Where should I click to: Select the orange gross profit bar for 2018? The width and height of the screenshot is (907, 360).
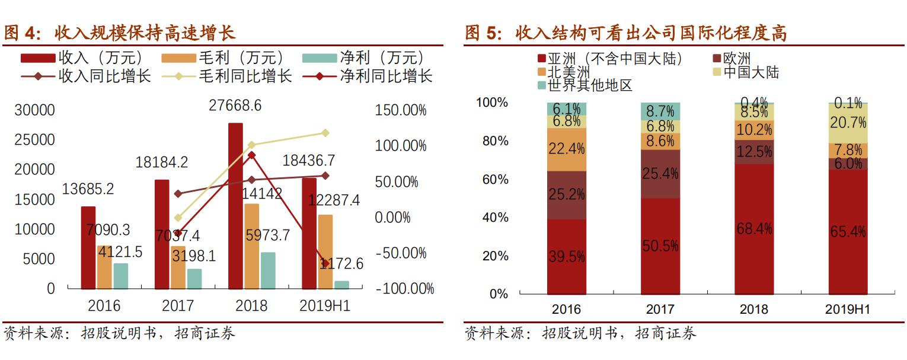tap(251, 246)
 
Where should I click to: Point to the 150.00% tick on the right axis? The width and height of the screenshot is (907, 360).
tap(401, 110)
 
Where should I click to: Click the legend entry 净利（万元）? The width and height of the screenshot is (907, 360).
tap(364, 58)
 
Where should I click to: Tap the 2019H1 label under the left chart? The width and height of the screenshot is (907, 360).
tap(325, 305)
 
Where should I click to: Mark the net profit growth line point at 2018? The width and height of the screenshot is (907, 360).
tap(251, 155)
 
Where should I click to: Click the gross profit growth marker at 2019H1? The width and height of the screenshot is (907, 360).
tap(325, 133)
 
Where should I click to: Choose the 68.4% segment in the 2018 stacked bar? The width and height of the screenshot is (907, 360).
tap(754, 229)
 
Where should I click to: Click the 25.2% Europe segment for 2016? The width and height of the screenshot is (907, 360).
tap(566, 195)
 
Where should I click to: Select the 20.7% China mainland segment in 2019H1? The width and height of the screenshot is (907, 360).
tap(848, 123)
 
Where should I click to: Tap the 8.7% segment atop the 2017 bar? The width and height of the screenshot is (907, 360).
tap(660, 110)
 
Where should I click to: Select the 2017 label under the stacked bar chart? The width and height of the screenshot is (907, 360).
tap(660, 309)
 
